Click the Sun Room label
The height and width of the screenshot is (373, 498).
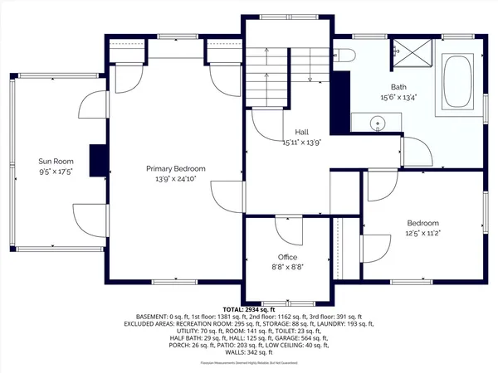click(x=56, y=161)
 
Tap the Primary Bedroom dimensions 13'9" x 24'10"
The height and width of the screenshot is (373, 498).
click(x=176, y=179)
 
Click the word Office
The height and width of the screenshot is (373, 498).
click(x=287, y=257)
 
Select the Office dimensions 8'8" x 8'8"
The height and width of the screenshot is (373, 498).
click(x=287, y=267)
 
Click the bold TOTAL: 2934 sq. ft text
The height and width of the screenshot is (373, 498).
click(x=249, y=308)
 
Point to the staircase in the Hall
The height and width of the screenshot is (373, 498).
click(x=266, y=75)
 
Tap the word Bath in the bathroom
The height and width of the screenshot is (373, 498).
click(x=399, y=86)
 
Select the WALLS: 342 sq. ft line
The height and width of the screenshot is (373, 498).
click(x=249, y=353)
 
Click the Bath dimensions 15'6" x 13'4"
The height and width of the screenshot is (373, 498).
click(x=399, y=96)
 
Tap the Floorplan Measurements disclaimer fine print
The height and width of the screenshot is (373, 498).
click(x=249, y=363)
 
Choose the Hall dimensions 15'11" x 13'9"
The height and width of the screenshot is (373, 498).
click(x=303, y=143)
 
